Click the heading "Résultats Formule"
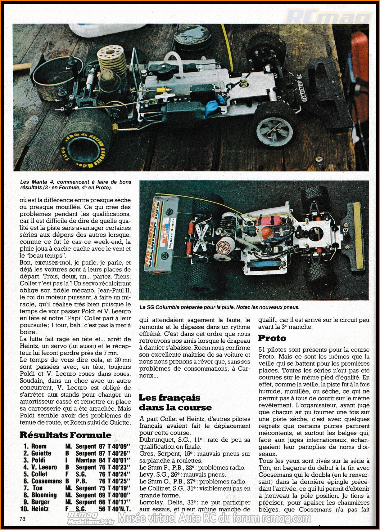click(66, 435)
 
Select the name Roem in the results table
click(39, 446)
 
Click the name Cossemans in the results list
click(47, 481)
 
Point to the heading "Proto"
click(272, 338)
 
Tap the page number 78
click(22, 519)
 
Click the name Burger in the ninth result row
click(40, 502)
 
